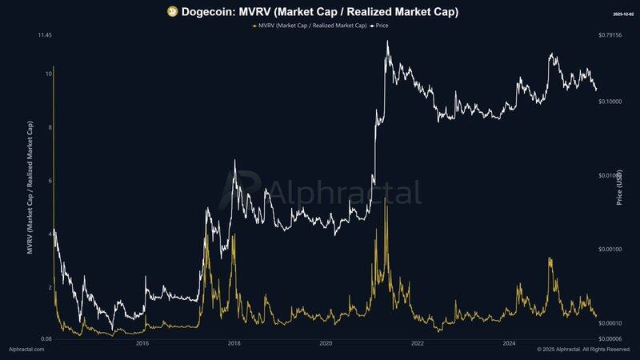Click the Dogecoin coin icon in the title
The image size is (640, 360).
coord(171,11)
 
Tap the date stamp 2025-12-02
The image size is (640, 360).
coord(622,14)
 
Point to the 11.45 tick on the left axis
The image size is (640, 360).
coord(45,36)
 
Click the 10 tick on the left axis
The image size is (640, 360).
coord(49,74)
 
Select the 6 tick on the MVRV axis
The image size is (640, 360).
coord(50,181)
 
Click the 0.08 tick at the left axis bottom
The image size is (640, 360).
coord(46,339)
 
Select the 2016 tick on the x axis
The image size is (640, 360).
coord(142,344)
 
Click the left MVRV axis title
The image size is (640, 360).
coord(30,188)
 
